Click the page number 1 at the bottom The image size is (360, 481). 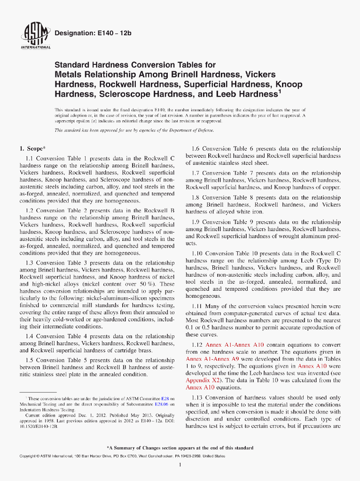point(180,465)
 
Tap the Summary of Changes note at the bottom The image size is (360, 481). point(180,448)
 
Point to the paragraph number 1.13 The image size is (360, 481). point(199,398)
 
